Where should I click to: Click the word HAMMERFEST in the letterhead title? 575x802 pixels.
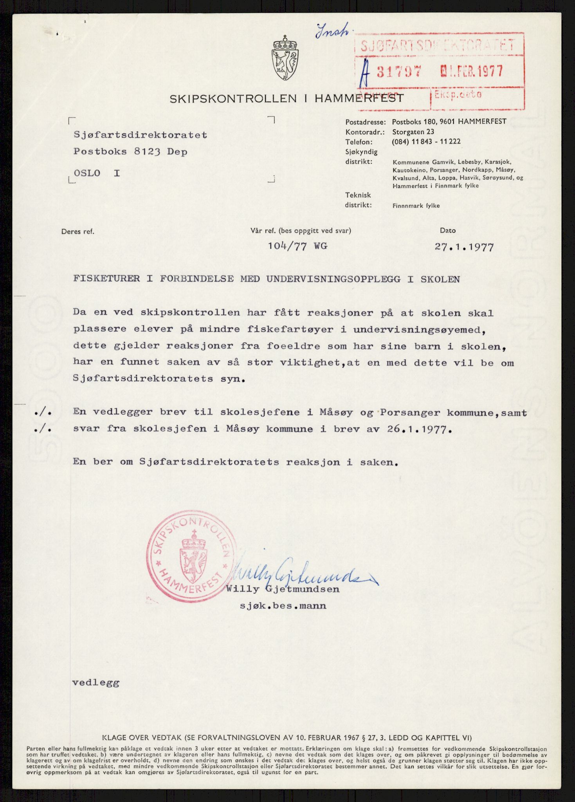click(x=359, y=99)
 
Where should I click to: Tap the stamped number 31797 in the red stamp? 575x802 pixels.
click(x=399, y=71)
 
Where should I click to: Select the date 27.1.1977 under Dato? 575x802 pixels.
click(x=464, y=247)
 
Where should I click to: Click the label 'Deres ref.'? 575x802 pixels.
click(x=78, y=231)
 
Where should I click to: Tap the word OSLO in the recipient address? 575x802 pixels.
click(x=87, y=173)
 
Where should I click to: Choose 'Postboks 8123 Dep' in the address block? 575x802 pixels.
click(x=130, y=152)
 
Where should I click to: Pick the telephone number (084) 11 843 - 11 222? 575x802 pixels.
click(x=426, y=142)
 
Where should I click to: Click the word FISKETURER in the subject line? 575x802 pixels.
click(x=106, y=279)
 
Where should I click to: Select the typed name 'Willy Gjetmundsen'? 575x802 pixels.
click(x=282, y=589)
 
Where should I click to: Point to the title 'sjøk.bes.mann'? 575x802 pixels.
click(x=283, y=606)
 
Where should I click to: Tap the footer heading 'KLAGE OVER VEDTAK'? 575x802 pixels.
click(x=141, y=737)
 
